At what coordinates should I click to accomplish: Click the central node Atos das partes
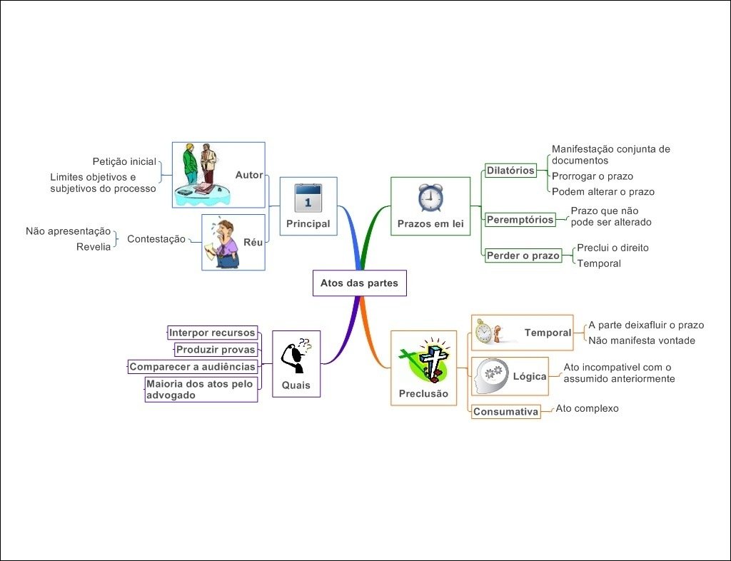coord(359,283)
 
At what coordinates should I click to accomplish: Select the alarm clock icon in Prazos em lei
coord(430,198)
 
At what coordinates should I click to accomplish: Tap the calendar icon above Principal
coord(308,198)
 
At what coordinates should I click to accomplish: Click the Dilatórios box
coord(510,171)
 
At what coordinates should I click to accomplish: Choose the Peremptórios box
coord(520,220)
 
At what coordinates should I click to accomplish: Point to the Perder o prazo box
coord(523,256)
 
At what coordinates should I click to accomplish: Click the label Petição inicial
coord(124,161)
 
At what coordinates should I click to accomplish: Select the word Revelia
coord(94,247)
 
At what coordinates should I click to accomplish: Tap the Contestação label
coord(156,239)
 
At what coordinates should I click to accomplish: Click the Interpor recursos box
coord(212,333)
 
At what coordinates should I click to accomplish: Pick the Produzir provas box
coord(216,350)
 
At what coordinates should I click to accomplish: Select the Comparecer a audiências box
coord(192,367)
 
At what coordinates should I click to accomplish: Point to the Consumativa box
coord(505,412)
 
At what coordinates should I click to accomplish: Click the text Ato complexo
coord(587,409)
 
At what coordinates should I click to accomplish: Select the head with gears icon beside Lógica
coord(490,375)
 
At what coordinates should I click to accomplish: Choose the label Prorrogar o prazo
coord(592,176)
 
